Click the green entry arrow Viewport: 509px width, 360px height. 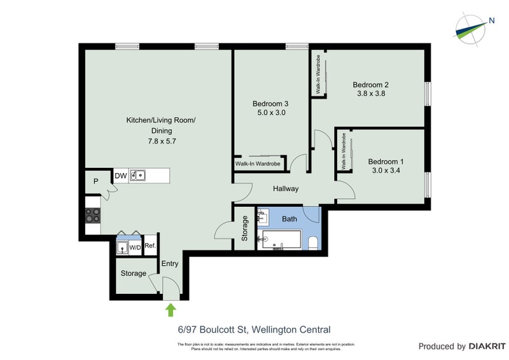coord(171,310)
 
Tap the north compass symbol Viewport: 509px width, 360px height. coord(473,26)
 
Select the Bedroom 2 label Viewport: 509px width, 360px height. coord(370,85)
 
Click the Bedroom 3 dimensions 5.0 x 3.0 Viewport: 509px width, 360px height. coord(270,113)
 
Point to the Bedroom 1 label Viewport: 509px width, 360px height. coord(386,162)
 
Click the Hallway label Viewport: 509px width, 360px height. coord(286,189)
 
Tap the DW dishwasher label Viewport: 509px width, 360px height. coord(120,176)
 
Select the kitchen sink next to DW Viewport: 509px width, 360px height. coord(138,176)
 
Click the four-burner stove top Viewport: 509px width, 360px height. coord(93,216)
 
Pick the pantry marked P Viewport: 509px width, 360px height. coord(95,181)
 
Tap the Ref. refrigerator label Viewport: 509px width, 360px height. coord(150,246)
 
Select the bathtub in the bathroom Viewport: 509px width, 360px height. coord(279,240)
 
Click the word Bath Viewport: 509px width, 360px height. coord(289,219)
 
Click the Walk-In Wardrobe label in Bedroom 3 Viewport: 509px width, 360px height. coord(258,163)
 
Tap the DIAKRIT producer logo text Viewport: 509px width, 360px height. coord(487,347)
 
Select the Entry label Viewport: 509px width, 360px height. coord(170,263)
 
